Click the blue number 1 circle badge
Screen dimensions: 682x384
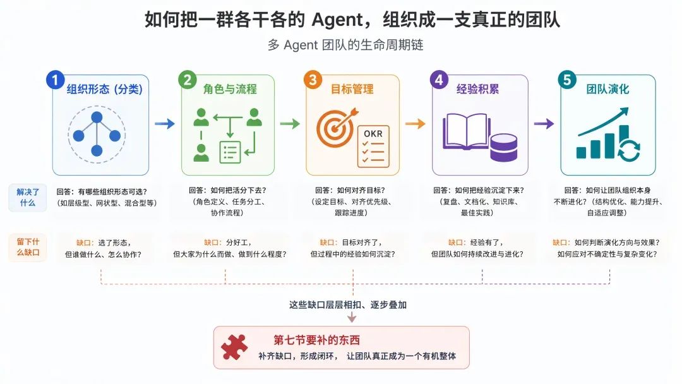[x=55, y=80]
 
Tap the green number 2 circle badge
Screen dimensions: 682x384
[x=188, y=80]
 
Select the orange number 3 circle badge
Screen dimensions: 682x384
[x=313, y=80]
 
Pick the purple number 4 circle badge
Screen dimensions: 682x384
[x=439, y=80]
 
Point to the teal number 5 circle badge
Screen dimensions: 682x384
[x=567, y=80]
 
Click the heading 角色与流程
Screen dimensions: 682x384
[x=230, y=89]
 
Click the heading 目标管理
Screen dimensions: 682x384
[x=352, y=89]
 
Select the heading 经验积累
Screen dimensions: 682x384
[x=477, y=89]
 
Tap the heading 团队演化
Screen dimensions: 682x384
[x=607, y=89]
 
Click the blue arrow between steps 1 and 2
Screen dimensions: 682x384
[x=165, y=124]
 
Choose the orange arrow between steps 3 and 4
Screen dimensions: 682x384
[x=416, y=124]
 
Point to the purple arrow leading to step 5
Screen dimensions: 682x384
[x=544, y=124]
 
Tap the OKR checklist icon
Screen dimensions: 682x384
[x=373, y=147]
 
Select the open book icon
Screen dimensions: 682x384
[x=466, y=131]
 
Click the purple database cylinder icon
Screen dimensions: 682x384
[x=504, y=147]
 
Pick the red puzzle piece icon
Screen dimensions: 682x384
[x=234, y=347]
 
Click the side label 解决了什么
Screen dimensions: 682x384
[x=28, y=198]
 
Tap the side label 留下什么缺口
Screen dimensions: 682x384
[x=28, y=247]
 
